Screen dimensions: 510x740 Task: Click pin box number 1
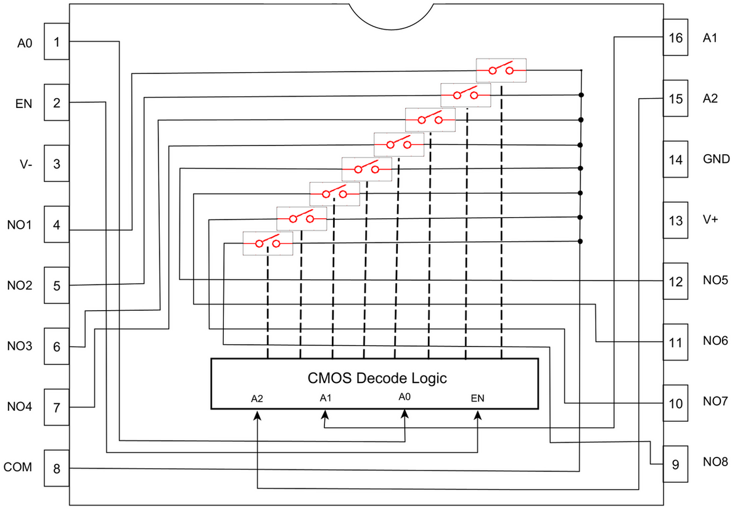coord(57,42)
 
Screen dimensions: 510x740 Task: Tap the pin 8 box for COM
coord(57,469)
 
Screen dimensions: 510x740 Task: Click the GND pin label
coord(717,159)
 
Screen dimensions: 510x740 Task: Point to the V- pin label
coord(25,165)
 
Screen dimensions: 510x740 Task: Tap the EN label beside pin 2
coord(24,103)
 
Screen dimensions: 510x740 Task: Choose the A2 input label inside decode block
coord(258,398)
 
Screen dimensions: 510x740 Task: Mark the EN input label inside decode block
coord(477,398)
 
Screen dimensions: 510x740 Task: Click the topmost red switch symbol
coord(501,70)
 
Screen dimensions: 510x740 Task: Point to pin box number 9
coord(675,463)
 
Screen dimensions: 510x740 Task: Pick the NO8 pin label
coord(715,462)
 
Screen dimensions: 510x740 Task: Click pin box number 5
coord(57,286)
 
